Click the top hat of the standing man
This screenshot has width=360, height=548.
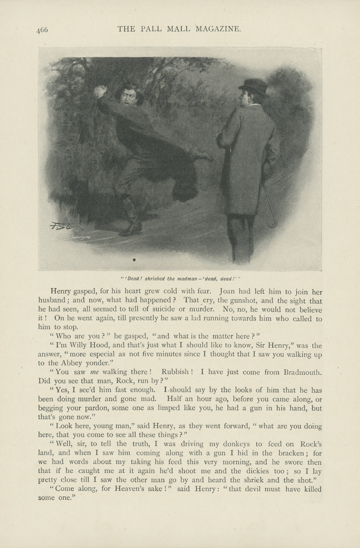tap(254, 87)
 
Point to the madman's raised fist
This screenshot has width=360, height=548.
tap(100, 91)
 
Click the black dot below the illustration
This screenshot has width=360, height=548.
tap(134, 260)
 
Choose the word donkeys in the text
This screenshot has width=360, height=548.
tap(226, 444)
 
